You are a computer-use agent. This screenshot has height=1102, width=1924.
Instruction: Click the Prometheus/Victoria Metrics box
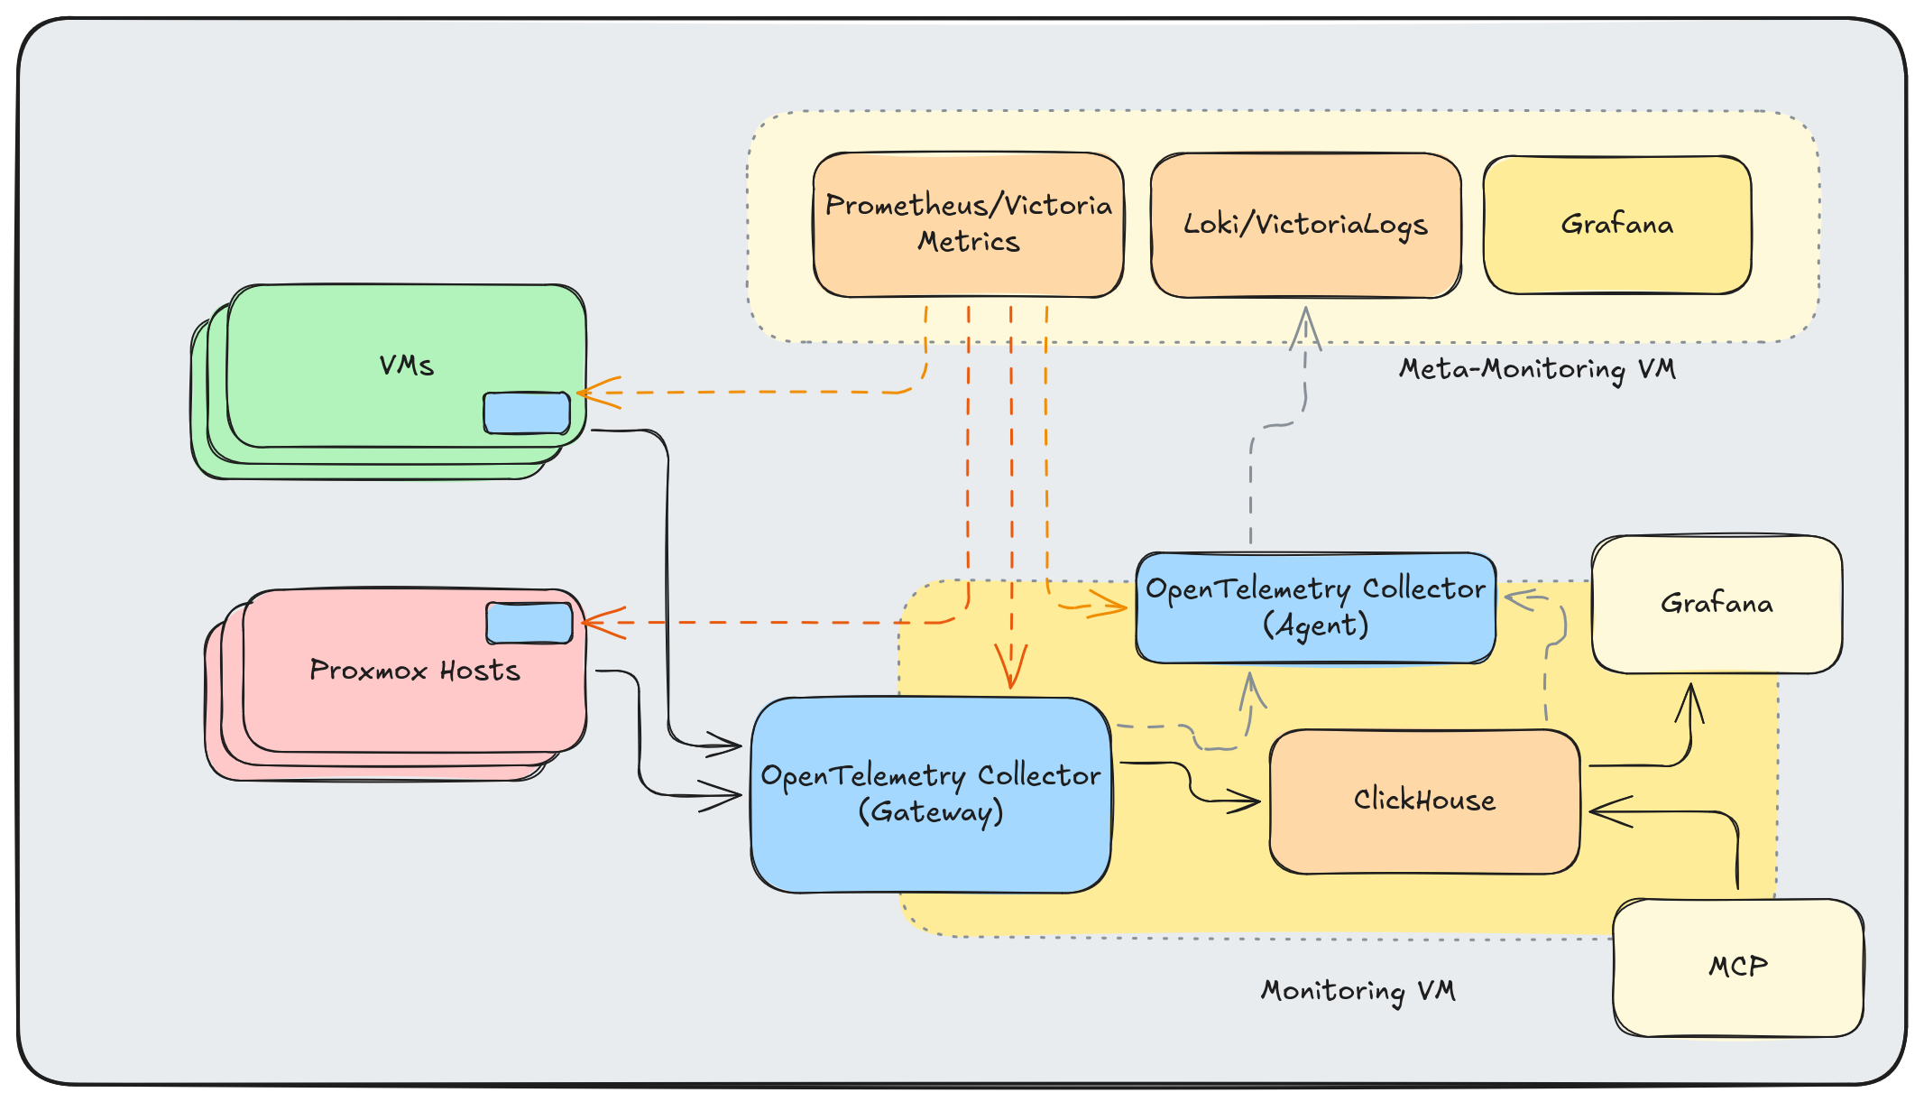tap(968, 225)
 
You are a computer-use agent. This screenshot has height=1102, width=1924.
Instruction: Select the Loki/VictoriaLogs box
tap(1305, 225)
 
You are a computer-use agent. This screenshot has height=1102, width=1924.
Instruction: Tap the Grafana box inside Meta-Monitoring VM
tap(1616, 225)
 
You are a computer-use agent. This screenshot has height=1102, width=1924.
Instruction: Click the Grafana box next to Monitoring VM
tap(1717, 604)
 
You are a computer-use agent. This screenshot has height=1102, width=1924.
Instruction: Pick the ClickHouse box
tap(1424, 801)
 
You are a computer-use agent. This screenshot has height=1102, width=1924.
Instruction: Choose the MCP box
tap(1738, 967)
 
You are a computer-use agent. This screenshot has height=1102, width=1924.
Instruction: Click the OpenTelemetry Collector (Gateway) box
tap(930, 794)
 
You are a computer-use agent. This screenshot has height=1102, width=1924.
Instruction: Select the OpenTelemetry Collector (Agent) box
tap(1315, 607)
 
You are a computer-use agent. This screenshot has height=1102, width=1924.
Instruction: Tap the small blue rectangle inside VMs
tap(527, 412)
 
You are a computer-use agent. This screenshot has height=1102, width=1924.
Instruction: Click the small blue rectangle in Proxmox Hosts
tap(529, 623)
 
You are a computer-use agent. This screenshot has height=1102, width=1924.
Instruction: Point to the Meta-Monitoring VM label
tap(1537, 368)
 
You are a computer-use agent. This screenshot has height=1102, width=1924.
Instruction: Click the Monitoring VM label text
tap(1358, 990)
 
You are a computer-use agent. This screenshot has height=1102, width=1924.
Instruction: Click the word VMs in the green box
tap(406, 366)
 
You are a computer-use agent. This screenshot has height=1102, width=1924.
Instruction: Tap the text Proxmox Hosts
tap(415, 671)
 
